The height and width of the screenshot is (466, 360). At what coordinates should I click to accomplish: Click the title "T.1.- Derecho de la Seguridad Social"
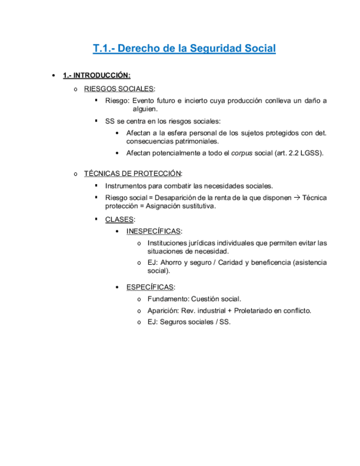point(184,48)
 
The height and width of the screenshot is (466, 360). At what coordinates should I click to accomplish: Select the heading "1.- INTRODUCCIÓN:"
point(97,75)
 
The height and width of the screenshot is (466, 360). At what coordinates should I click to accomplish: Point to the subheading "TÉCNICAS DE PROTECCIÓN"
point(132,174)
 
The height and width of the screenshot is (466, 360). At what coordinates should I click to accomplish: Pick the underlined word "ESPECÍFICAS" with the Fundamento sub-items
point(150,287)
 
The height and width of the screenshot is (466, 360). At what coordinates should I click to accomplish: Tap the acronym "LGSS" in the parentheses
point(311,153)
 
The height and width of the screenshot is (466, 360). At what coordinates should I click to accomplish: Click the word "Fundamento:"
point(168,299)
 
